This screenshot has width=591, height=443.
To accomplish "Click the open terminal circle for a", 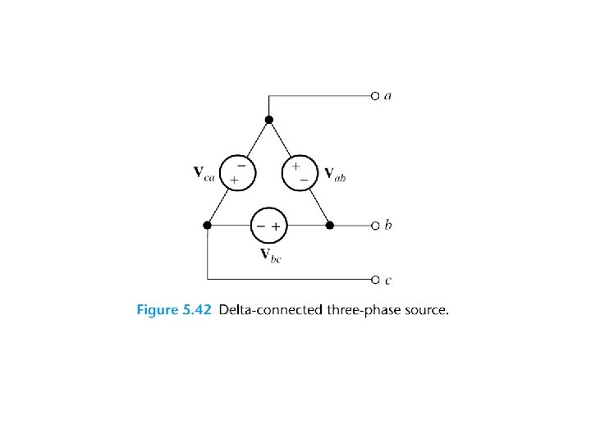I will pyautogui.click(x=374, y=96).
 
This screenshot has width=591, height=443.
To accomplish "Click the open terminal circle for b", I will pyautogui.click(x=374, y=225).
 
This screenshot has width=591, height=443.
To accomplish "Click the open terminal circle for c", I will pyautogui.click(x=374, y=280).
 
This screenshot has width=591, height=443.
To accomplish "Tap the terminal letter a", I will pyautogui.click(x=388, y=96).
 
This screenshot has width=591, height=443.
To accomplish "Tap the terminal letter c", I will pyautogui.click(x=388, y=281).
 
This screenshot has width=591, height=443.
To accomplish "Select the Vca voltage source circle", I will pyautogui.click(x=238, y=172).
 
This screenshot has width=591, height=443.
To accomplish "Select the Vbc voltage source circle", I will pyautogui.click(x=268, y=225).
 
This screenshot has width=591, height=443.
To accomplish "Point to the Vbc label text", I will pyautogui.click(x=270, y=254).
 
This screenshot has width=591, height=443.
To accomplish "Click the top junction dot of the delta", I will pyautogui.click(x=269, y=121).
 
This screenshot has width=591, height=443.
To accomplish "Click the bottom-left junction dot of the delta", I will pyautogui.click(x=208, y=225).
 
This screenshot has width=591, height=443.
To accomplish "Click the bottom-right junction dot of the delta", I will pyautogui.click(x=329, y=225).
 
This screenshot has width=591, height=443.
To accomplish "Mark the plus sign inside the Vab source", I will pyautogui.click(x=295, y=166).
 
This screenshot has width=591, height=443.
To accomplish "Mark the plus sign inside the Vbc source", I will pyautogui.click(x=277, y=226).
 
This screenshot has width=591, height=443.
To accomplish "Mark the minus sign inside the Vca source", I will pyautogui.click(x=241, y=165).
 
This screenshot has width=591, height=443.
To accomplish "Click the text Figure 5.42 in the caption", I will pyautogui.click(x=173, y=310).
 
